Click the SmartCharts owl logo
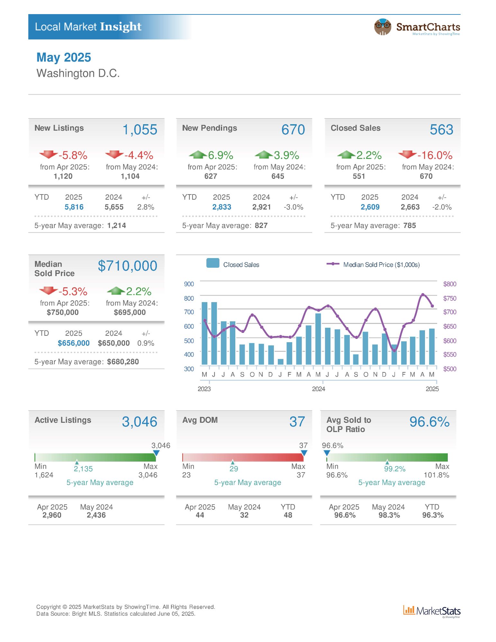(383, 27)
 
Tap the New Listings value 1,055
(140, 130)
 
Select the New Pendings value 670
(293, 130)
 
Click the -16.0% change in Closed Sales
(435, 155)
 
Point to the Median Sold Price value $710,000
(128, 266)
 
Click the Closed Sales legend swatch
(213, 263)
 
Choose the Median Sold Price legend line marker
(333, 264)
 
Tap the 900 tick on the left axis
(189, 284)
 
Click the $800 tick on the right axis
(449, 284)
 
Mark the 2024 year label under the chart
(318, 389)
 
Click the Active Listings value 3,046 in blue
(140, 422)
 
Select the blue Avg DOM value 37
(297, 422)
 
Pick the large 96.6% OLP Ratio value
(429, 422)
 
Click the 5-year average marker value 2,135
(83, 469)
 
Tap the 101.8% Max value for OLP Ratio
(436, 475)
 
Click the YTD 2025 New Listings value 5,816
(74, 207)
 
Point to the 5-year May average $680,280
(123, 362)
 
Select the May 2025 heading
(64, 57)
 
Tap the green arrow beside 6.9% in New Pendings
(198, 155)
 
